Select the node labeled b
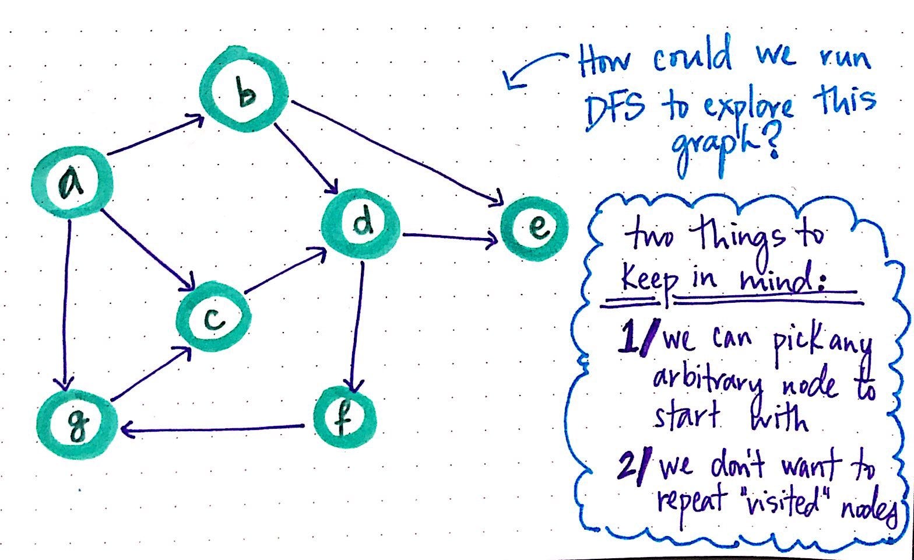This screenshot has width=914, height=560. tap(245, 94)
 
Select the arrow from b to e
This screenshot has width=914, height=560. tap(396, 152)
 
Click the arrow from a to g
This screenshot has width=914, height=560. tap(68, 303)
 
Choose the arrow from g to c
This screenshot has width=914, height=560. tap(150, 374)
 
